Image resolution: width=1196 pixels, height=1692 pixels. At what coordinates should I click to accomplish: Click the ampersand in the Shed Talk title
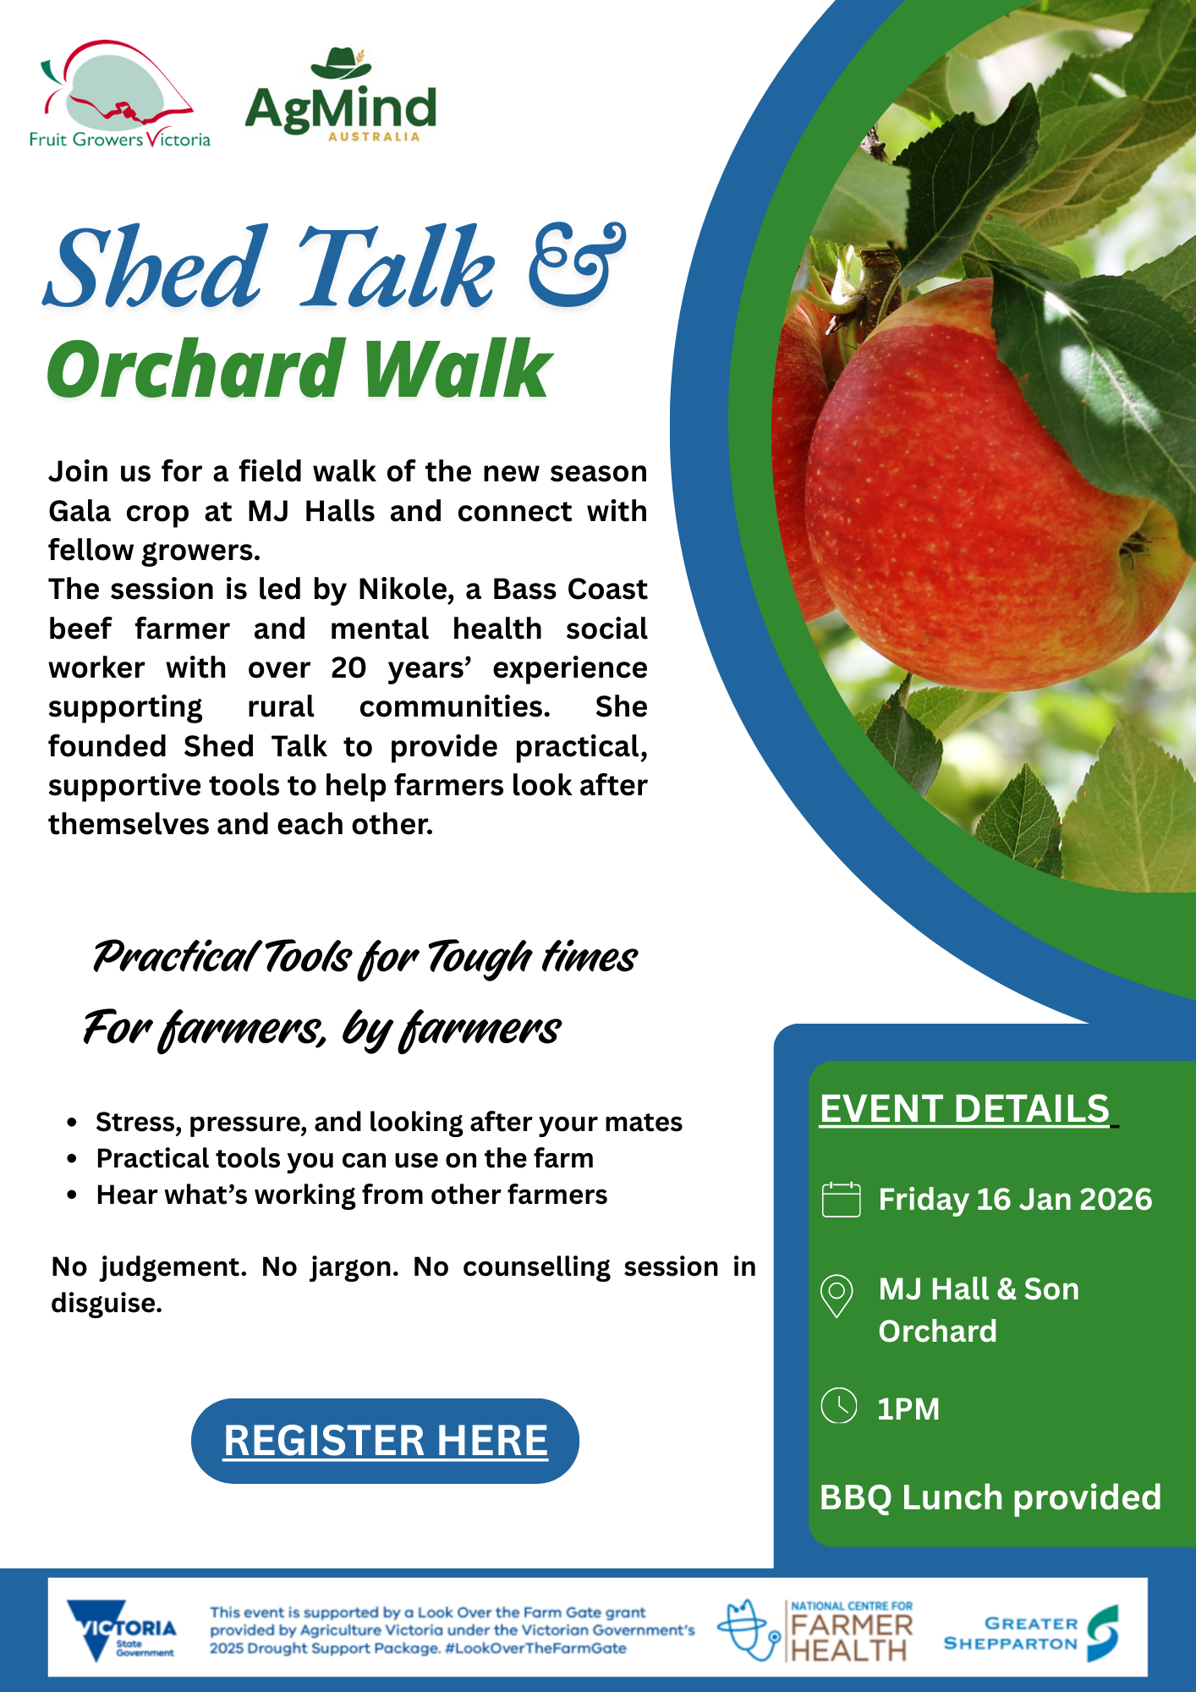click(x=577, y=264)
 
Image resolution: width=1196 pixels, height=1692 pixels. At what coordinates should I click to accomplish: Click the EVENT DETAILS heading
click(x=965, y=1108)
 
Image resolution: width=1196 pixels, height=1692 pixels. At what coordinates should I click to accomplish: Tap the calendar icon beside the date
click(x=841, y=1200)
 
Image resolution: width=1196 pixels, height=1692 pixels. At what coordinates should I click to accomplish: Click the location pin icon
click(x=837, y=1295)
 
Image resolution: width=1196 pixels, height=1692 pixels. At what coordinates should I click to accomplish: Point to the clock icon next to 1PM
click(x=839, y=1406)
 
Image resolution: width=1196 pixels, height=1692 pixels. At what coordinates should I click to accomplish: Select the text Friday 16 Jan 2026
click(x=1015, y=1200)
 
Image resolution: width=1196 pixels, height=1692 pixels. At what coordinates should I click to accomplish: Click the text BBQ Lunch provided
click(x=990, y=1497)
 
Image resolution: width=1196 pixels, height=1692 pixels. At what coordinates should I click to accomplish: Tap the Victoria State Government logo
click(x=122, y=1629)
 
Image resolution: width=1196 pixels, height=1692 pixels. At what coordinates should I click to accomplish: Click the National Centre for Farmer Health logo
click(x=816, y=1630)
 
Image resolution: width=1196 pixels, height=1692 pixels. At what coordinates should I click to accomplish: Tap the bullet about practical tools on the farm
click(x=344, y=1158)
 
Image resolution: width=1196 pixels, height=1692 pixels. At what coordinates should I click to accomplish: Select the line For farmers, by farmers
click(x=321, y=1029)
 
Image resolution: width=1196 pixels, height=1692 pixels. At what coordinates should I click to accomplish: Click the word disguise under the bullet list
click(x=106, y=1304)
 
